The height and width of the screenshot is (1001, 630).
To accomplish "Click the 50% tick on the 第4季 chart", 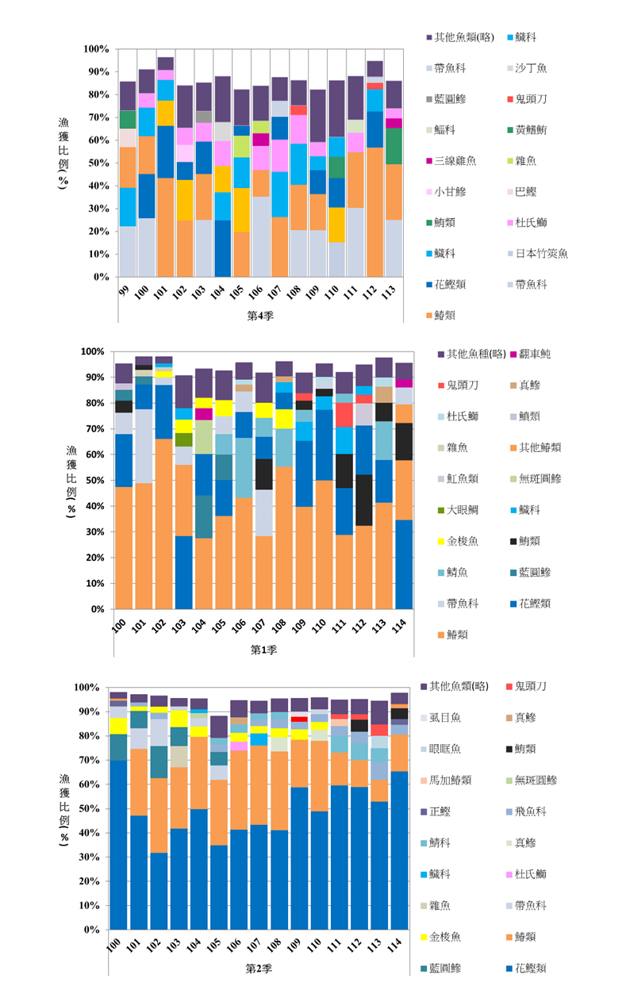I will click(x=97, y=163).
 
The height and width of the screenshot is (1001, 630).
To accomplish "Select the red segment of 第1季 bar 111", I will click(x=344, y=415).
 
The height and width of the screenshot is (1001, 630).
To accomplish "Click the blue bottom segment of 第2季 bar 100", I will click(x=118, y=849).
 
